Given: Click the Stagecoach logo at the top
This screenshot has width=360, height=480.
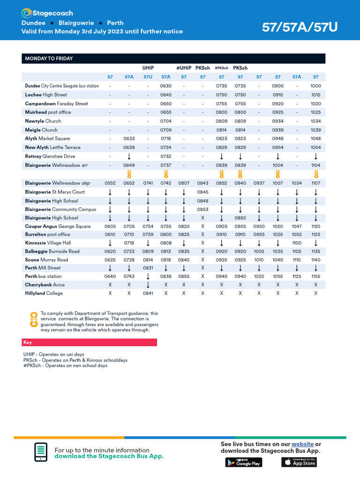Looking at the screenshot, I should (x=47, y=13).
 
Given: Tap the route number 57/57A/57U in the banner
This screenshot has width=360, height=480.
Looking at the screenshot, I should (x=300, y=28).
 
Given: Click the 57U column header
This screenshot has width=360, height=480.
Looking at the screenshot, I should (x=148, y=77).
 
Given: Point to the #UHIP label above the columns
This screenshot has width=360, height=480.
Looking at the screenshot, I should (x=184, y=68).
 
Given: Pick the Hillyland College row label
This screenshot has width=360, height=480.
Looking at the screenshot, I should (x=44, y=293).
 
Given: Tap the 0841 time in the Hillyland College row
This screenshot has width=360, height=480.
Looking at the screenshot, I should (x=148, y=293).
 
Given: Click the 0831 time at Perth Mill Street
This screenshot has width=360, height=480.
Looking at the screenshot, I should (x=148, y=268).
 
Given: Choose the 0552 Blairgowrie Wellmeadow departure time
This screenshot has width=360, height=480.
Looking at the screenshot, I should (x=110, y=183).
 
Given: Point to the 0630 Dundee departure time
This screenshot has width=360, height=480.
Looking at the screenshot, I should (x=165, y=86).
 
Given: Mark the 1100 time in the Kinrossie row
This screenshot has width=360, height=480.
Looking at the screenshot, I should (x=297, y=243).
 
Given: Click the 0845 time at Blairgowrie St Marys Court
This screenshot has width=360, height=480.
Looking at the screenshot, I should (x=202, y=192).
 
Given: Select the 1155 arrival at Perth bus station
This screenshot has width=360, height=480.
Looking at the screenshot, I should (x=315, y=277).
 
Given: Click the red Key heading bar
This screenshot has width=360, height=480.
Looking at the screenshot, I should (x=89, y=343).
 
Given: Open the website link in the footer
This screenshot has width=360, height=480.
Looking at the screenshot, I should (x=302, y=444).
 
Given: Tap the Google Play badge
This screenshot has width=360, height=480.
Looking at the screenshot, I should (x=244, y=462).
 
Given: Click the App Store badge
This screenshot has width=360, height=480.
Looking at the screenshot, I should (x=299, y=462).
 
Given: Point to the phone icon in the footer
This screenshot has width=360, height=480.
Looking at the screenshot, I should (x=41, y=452).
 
